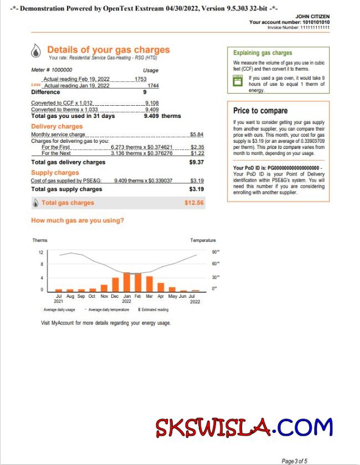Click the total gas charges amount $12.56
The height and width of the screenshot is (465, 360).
pos(194,203)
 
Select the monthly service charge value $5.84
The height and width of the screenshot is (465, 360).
pos(197,135)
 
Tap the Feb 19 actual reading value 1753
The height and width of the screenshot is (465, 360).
pos(140,80)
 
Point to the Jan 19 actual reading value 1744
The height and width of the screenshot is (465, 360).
pos(153,86)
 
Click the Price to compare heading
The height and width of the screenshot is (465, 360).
pos(260,111)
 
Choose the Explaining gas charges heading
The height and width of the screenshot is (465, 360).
pos(263,53)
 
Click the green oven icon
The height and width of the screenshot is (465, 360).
pos(238,81)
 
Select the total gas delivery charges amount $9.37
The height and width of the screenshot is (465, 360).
pos(197,163)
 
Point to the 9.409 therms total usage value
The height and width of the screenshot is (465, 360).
pos(162,116)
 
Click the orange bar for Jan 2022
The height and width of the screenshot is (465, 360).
pos(127,282)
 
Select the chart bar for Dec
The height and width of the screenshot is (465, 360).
pos(115,285)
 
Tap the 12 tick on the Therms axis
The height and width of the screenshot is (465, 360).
pos(41,252)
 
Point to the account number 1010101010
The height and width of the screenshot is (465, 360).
pos(316,22)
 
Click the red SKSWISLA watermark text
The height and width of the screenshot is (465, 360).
pos(213,427)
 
